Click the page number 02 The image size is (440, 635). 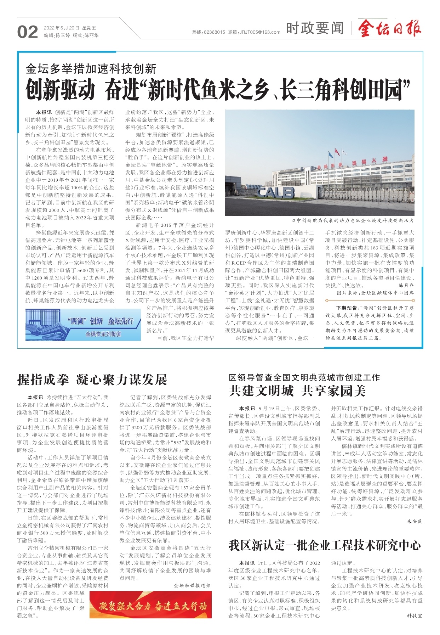(x=27, y=32)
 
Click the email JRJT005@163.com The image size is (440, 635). (x=259, y=32)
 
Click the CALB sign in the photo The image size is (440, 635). (x=276, y=192)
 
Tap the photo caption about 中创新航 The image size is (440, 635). (x=352, y=220)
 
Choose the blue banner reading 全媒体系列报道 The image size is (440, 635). (x=103, y=334)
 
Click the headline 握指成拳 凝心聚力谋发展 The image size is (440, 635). (x=92, y=380)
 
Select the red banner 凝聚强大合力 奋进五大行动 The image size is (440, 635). (x=150, y=606)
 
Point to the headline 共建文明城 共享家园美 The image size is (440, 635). (x=297, y=390)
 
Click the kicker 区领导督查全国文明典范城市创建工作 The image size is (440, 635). (x=304, y=377)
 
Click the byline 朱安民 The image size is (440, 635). (x=415, y=521)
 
